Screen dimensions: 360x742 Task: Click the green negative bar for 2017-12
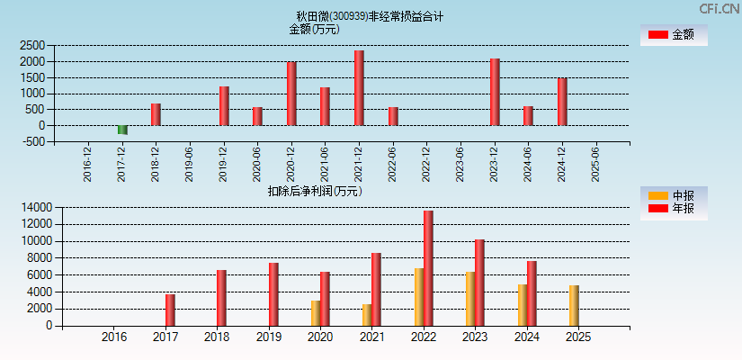[122, 130]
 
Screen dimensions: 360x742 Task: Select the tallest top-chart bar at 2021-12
[359, 88]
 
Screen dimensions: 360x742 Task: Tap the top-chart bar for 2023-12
[495, 92]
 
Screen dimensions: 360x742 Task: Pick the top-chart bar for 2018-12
[156, 114]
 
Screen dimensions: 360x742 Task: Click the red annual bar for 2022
[428, 268]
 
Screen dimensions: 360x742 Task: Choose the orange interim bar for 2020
[316, 313]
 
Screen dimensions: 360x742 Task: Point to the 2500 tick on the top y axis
[33, 45]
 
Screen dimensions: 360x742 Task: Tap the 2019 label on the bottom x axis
[268, 337]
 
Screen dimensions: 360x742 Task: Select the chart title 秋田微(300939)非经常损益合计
[370, 16]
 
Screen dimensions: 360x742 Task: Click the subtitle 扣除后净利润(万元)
[315, 191]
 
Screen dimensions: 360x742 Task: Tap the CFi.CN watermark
[720, 8]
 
